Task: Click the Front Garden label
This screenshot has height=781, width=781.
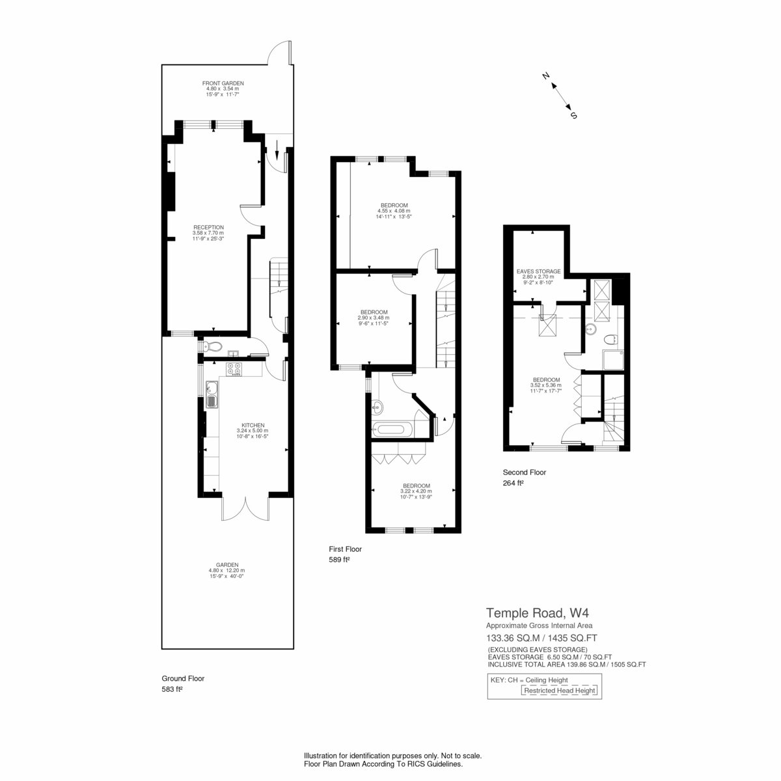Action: click(x=223, y=89)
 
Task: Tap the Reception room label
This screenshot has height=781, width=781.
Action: click(x=208, y=233)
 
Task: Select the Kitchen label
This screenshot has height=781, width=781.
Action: click(x=253, y=431)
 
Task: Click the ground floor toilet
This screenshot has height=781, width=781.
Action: click(x=211, y=346)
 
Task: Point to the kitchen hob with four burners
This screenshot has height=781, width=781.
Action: click(x=234, y=369)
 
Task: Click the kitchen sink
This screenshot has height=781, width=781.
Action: click(x=212, y=394)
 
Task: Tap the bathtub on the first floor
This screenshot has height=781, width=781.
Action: click(x=392, y=430)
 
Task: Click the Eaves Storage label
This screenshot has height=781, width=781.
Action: click(x=538, y=277)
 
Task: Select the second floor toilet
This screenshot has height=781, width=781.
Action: click(x=610, y=339)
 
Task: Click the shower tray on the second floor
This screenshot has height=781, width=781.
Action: click(x=613, y=361)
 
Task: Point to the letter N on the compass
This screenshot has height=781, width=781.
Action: click(x=545, y=75)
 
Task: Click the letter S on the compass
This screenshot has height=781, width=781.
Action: click(x=573, y=115)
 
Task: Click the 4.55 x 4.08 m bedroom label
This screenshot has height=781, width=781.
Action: click(x=394, y=211)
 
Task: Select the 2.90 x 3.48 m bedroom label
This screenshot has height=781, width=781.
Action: click(x=374, y=318)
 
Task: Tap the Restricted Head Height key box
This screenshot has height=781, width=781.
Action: click(x=559, y=691)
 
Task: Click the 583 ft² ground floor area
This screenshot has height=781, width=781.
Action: click(x=172, y=689)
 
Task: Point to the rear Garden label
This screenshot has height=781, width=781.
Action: click(x=227, y=570)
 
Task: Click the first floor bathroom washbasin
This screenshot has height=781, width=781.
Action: click(x=377, y=407)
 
